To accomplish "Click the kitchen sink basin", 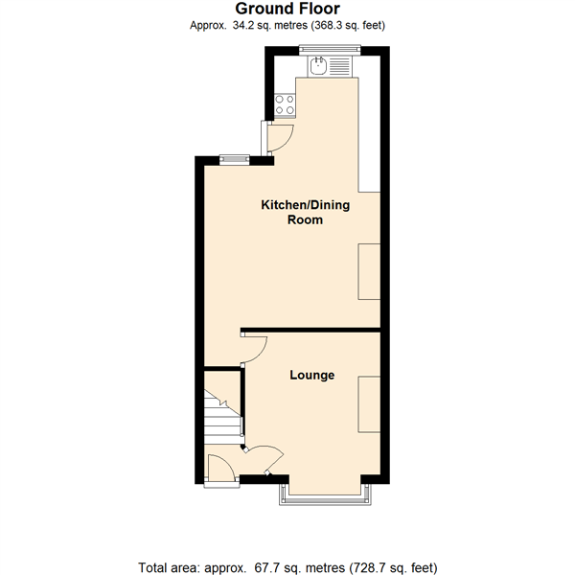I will (319, 66).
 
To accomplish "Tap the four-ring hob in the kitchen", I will (285, 104).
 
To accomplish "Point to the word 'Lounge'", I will (312, 375).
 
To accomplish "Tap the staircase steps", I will (221, 414).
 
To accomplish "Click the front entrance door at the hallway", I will (218, 471).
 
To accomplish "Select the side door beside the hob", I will (276, 139).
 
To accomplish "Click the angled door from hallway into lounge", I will (263, 456).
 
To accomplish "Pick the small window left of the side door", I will (230, 159).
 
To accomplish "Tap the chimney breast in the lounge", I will (369, 405).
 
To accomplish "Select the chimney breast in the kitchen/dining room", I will (369, 272).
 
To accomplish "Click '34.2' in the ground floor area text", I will (246, 26).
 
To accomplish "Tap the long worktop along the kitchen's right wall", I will (370, 134).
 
